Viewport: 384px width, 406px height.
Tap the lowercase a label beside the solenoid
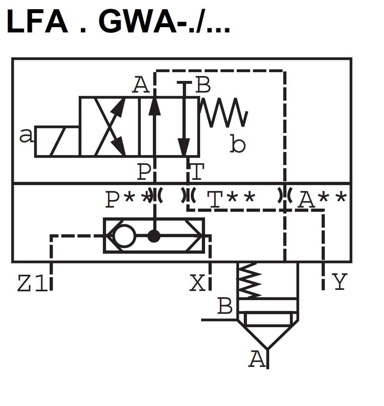tap(26, 136)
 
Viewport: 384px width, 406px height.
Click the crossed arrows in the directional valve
tap(110, 127)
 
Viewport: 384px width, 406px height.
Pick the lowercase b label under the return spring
tap(238, 145)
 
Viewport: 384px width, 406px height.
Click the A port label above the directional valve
tap(141, 85)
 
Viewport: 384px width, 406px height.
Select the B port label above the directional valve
tap(203, 85)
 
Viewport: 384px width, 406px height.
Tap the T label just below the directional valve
tap(197, 172)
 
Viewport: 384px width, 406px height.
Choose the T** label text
tap(231, 199)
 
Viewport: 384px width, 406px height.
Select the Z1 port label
tap(32, 284)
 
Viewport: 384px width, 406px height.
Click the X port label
tap(197, 284)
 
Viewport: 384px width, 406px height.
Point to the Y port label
tap(340, 282)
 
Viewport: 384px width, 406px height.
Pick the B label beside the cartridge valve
tap(225, 306)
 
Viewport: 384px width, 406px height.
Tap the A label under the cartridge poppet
tap(257, 360)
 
